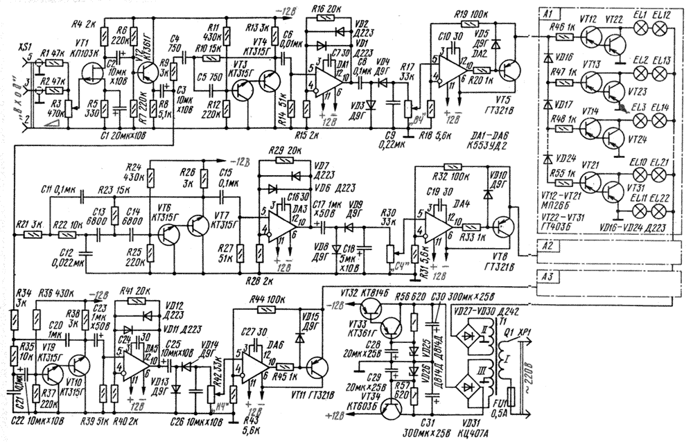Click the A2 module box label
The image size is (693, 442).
tap(547, 245)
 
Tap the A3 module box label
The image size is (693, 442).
tap(547, 276)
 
